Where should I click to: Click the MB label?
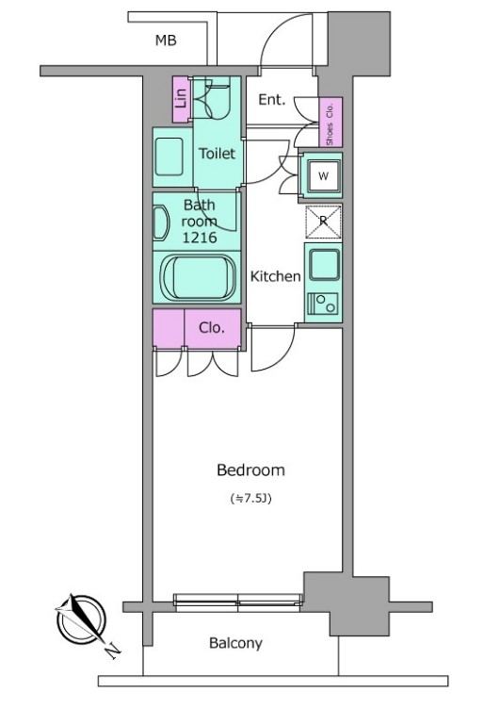tap(166, 41)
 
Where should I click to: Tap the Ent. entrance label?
tap(272, 100)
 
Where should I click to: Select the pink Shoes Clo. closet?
tap(331, 122)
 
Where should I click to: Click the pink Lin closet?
tap(181, 99)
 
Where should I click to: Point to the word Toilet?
tap(218, 154)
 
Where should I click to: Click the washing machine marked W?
tap(323, 176)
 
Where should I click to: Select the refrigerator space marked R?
tap(324, 222)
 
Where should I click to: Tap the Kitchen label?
tap(275, 276)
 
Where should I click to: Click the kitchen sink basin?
tap(324, 264)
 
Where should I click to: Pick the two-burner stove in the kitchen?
tap(323, 303)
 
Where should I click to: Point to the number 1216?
tap(200, 237)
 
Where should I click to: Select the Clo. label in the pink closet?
tap(212, 328)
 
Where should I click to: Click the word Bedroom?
tap(251, 470)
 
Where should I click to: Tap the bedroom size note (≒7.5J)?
tap(251, 499)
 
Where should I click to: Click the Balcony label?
tap(235, 643)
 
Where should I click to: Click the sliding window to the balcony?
tap(238, 602)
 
